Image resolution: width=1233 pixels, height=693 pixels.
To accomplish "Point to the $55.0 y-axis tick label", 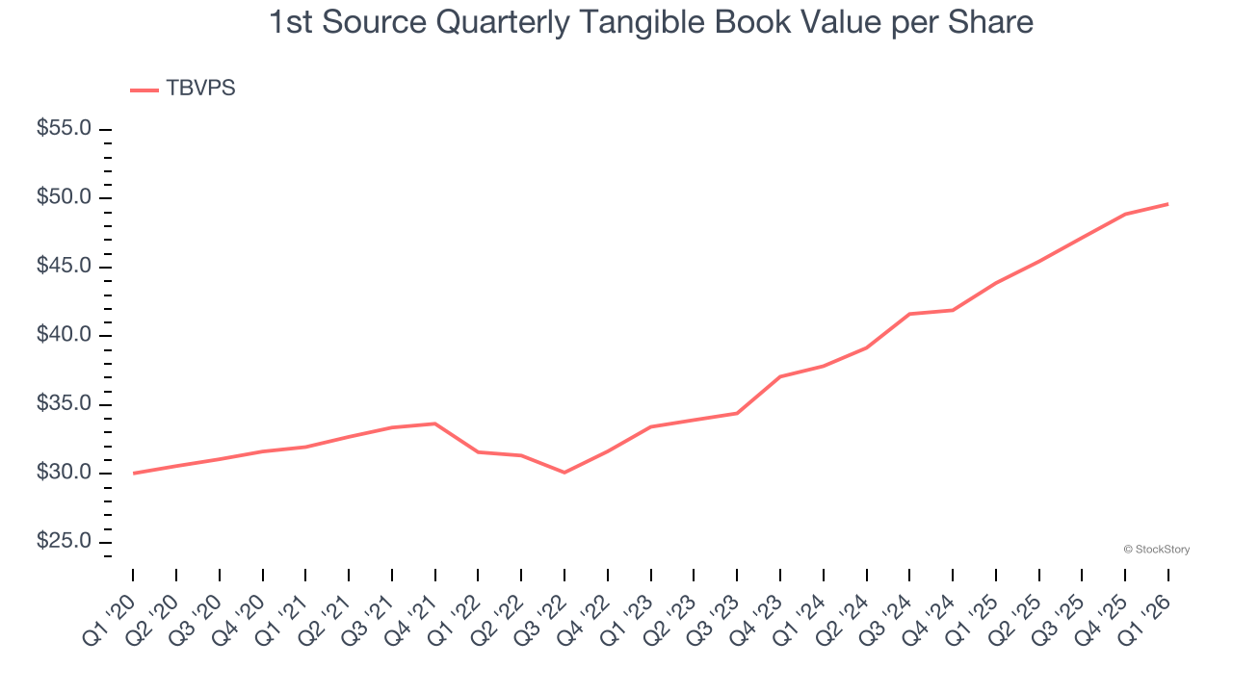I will click(x=64, y=129).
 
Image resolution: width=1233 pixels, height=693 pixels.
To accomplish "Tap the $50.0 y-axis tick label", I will click(x=64, y=198).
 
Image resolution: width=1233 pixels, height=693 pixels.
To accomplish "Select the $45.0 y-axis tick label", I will click(x=64, y=267).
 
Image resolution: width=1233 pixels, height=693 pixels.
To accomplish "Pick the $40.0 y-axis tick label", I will click(x=64, y=336).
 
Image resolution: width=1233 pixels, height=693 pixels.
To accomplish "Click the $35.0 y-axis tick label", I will click(x=64, y=404).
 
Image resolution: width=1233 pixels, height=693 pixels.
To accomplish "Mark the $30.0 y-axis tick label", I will click(x=64, y=474).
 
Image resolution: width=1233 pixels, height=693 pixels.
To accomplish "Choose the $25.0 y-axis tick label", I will click(x=64, y=542).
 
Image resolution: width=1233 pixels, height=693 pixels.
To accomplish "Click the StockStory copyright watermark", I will click(x=1156, y=550).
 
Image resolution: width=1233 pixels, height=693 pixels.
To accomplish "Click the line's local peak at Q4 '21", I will click(x=435, y=423).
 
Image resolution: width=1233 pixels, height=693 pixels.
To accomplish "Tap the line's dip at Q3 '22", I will click(x=564, y=473).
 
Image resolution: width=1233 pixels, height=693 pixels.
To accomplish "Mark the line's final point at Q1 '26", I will click(x=1168, y=204).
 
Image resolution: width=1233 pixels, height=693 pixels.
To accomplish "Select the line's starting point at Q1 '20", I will click(x=133, y=474).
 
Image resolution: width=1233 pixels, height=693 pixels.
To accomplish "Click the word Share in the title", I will click(x=993, y=22).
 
